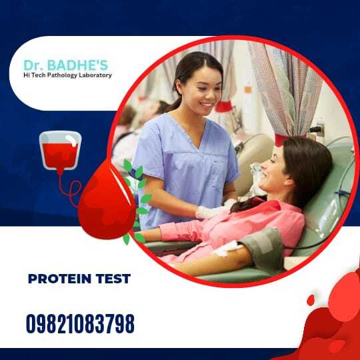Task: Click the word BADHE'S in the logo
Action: coord(77,65)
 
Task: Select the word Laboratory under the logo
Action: coord(95,75)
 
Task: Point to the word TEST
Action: coord(113,279)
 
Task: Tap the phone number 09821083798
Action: coord(80,323)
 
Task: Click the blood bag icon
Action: coord(61,151)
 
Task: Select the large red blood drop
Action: coord(107,200)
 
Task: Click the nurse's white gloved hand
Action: coord(209,213)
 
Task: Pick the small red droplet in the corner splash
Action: coord(311,300)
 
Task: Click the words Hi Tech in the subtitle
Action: coord(35,75)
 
